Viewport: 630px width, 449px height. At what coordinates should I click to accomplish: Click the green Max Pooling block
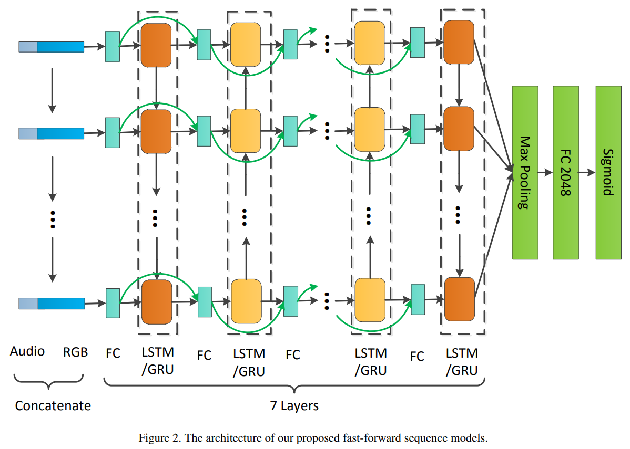pos(525,172)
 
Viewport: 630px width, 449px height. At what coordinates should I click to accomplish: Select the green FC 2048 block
pos(565,172)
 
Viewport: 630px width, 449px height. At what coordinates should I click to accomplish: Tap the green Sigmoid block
pos(608,172)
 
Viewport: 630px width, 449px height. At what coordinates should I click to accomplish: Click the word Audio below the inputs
pos(27,351)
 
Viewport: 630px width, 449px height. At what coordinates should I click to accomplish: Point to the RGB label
pos(75,352)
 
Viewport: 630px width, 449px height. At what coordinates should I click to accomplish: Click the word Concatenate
pos(53,406)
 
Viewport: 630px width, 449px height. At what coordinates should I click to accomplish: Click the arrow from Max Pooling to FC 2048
pos(545,172)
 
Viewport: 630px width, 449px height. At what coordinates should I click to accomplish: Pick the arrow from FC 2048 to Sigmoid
pos(586,172)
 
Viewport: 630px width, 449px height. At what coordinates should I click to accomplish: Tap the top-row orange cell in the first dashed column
pos(156,45)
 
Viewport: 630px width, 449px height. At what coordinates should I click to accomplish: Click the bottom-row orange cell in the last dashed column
pos(459,299)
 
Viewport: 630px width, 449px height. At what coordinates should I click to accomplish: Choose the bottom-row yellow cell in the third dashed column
pos(370,300)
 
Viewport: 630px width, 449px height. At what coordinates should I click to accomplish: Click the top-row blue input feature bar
pos(52,47)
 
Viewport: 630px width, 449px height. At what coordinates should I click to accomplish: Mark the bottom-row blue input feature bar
pos(52,304)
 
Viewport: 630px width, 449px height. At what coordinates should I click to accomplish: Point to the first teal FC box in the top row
pos(113,46)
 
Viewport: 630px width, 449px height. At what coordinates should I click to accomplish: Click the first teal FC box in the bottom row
pos(113,303)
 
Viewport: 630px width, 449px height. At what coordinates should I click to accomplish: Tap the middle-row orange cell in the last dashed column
pos(459,129)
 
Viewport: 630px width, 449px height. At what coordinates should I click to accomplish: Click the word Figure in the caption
pos(151,438)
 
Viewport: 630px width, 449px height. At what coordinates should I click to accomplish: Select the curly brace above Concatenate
pos(49,382)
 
